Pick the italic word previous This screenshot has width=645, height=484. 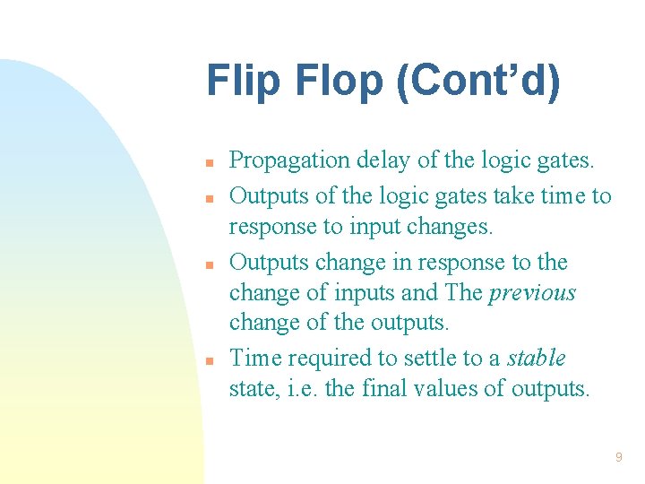pos(532,293)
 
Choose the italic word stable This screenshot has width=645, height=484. pos(537,359)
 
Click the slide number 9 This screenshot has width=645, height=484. pos(618,458)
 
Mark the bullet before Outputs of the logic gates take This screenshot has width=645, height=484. pos(208,197)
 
